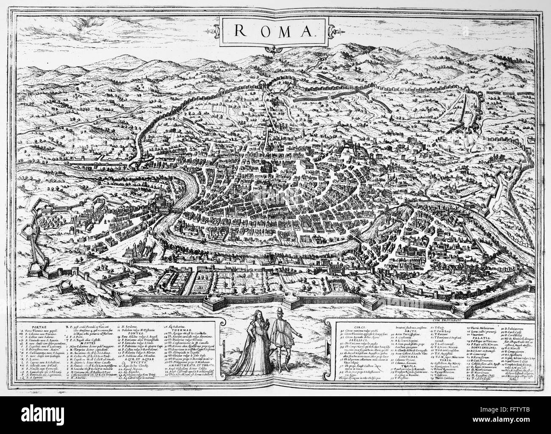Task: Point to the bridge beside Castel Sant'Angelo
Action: pos(174,209)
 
